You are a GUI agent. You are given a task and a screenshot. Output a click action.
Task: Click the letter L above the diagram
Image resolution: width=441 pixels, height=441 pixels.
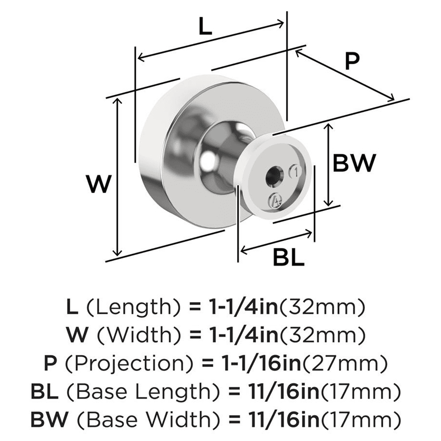pos(205,27)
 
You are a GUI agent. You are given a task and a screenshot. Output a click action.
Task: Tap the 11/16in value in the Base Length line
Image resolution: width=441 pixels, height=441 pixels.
pos(274,391)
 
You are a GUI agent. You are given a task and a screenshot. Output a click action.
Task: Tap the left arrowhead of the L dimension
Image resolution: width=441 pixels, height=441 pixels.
pos(140,57)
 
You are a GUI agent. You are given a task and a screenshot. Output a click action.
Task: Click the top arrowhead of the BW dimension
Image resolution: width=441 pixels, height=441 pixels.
pos(327,127)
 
